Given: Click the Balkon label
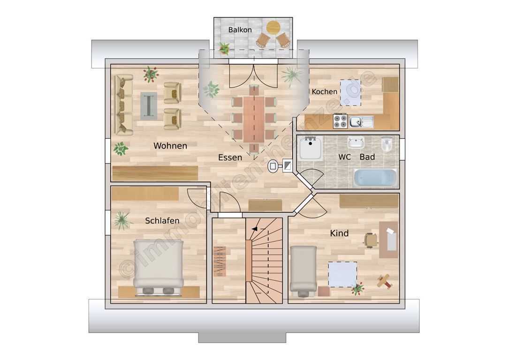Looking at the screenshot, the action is pos(240,30).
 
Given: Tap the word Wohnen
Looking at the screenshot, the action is pos(170,146).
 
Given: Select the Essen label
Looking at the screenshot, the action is pos(230,157).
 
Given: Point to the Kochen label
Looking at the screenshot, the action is pos(324,91).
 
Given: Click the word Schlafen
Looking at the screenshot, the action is pos(162,221).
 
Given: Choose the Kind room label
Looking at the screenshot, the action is pos(339,233).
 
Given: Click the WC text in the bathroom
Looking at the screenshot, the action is pos(344,157).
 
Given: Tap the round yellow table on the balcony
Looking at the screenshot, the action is pos(273,28).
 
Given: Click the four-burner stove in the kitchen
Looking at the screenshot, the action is pos(340,121).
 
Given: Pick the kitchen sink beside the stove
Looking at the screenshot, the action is pos(361,122).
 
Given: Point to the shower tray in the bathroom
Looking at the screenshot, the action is pos(311,148).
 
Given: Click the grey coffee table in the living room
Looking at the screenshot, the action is pos(149,106).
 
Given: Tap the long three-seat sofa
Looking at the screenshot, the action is pos(124,105).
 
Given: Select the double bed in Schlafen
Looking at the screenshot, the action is pos(159,268).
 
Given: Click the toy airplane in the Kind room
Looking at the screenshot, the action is pos(385,281).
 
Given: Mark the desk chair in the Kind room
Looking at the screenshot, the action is pos(371,240).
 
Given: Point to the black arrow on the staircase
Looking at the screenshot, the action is pos(255,229).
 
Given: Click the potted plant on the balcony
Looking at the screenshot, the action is pos(224,48).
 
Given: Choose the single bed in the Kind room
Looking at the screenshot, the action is pos(303,271).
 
